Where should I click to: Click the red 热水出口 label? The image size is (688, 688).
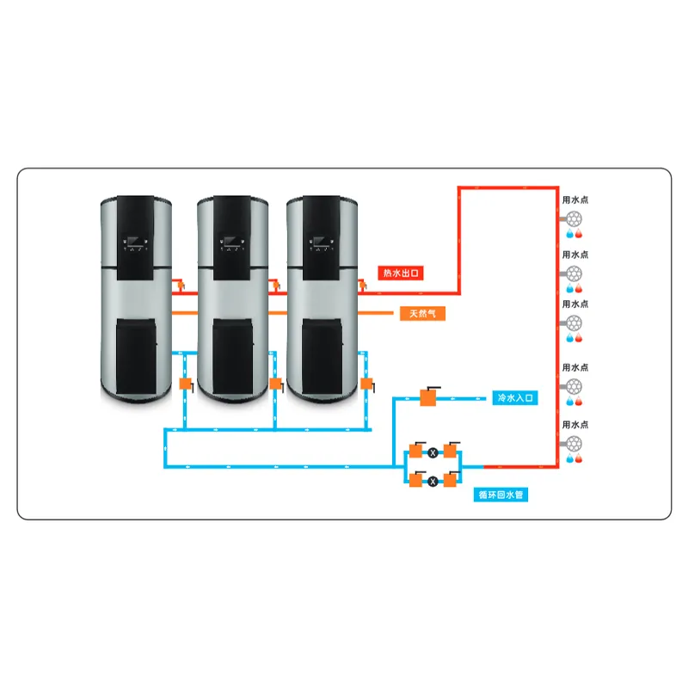(403, 273)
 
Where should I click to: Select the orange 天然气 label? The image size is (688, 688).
(421, 313)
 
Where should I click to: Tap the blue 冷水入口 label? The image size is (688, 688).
(516, 398)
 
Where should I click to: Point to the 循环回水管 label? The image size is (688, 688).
(503, 494)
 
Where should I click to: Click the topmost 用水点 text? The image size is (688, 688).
(574, 200)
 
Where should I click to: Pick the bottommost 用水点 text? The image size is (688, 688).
(574, 425)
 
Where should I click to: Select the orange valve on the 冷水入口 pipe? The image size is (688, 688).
(427, 396)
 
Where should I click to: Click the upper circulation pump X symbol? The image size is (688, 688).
(433, 451)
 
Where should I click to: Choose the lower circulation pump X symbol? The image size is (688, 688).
(433, 480)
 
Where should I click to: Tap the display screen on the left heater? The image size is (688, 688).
(138, 243)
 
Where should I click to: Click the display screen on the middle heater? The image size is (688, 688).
(233, 243)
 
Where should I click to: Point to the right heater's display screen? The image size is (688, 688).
(323, 243)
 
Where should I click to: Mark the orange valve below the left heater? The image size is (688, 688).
(185, 384)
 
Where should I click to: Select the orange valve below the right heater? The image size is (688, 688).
(367, 384)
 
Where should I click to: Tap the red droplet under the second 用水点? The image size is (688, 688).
(579, 288)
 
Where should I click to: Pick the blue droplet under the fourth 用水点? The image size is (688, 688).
(569, 402)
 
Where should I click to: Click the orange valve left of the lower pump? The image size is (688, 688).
(416, 480)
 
